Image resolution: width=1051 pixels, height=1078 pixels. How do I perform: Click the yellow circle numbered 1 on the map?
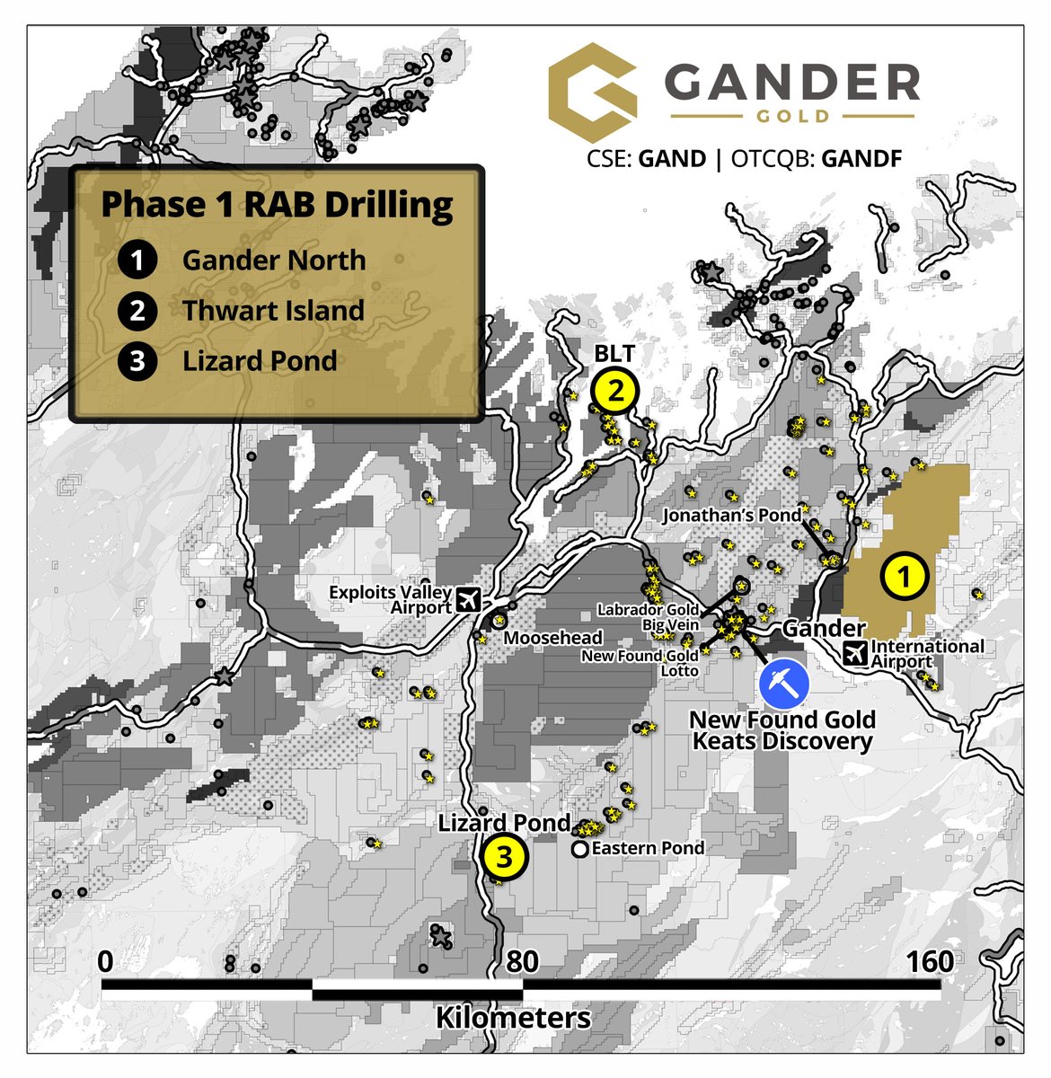(x=904, y=576)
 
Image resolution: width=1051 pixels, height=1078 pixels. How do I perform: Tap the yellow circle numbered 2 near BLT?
(x=615, y=392)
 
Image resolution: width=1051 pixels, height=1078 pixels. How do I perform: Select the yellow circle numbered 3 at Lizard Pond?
(x=503, y=857)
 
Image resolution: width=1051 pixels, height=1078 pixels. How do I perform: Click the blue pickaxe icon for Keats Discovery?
(x=783, y=684)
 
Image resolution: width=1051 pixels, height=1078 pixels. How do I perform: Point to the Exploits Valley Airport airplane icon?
(x=467, y=598)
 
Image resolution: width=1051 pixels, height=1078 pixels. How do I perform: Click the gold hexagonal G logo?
(x=592, y=87)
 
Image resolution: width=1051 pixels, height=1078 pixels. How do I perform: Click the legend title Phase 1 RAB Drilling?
(x=277, y=204)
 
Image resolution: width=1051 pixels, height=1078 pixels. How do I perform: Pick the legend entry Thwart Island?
(x=273, y=311)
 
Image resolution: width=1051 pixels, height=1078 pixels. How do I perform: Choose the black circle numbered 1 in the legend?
(x=137, y=261)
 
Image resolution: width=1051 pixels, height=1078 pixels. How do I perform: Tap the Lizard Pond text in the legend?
(x=260, y=361)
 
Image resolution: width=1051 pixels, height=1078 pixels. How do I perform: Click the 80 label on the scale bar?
(x=522, y=961)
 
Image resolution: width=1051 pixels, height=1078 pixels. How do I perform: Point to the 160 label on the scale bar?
(x=929, y=961)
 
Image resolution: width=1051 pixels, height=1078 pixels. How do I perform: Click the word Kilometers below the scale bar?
(x=513, y=1018)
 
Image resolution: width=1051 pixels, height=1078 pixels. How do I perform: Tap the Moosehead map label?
(x=552, y=638)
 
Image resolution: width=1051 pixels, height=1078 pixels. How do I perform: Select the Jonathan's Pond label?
(x=731, y=516)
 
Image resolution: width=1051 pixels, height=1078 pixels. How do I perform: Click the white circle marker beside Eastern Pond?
(x=580, y=848)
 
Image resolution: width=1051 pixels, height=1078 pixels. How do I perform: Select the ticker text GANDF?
(x=861, y=159)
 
